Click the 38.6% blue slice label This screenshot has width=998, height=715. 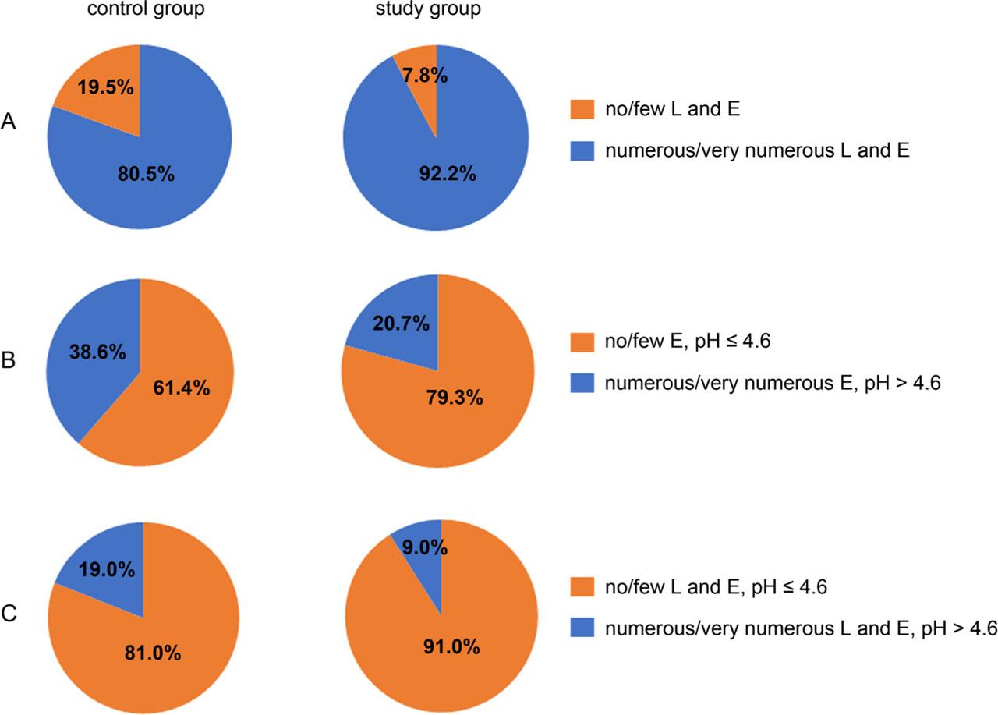97,352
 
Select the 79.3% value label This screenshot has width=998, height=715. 453,397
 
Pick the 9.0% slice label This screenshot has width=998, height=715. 423,548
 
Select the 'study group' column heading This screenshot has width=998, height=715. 437,11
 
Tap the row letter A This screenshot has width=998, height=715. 9,122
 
